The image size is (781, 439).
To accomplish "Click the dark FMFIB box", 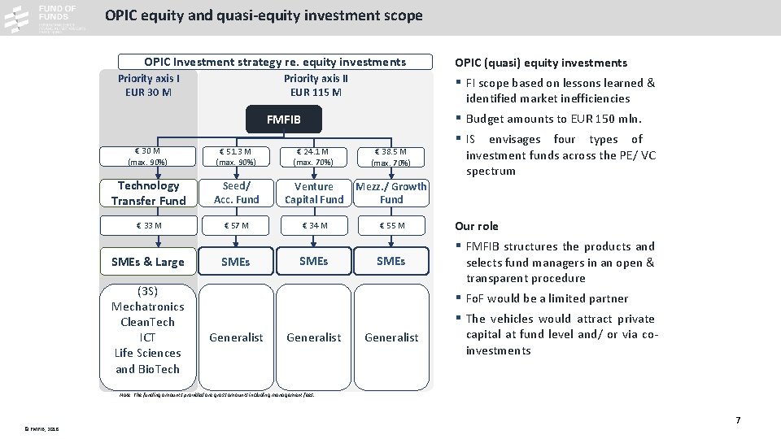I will [x=284, y=120].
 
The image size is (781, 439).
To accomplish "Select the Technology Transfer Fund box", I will [x=149, y=193].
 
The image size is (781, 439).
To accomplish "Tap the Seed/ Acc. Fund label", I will [x=236, y=193].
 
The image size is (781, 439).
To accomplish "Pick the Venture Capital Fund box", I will [x=314, y=193].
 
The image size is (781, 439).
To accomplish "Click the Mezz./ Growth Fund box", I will [x=391, y=193].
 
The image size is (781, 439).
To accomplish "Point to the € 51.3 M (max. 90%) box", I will [x=236, y=156].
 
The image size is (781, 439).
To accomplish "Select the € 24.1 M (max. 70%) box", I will [x=314, y=156].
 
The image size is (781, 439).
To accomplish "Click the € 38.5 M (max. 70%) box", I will [x=391, y=156].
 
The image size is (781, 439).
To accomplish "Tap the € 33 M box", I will [x=149, y=225].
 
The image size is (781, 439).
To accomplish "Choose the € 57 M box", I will [x=236, y=225].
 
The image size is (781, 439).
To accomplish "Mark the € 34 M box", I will [x=314, y=225].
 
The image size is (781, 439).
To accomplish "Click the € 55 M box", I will [x=391, y=225].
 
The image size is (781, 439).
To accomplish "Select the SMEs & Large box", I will [x=148, y=262].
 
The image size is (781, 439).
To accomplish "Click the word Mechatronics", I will [x=148, y=306].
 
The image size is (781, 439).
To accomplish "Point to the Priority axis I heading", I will [x=148, y=79].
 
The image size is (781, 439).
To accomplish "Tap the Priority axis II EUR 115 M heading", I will [x=316, y=85].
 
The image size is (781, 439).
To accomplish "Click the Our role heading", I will [x=477, y=226].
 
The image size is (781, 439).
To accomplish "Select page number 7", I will [x=738, y=420].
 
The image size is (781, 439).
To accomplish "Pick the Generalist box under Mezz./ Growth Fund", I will [x=391, y=337].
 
